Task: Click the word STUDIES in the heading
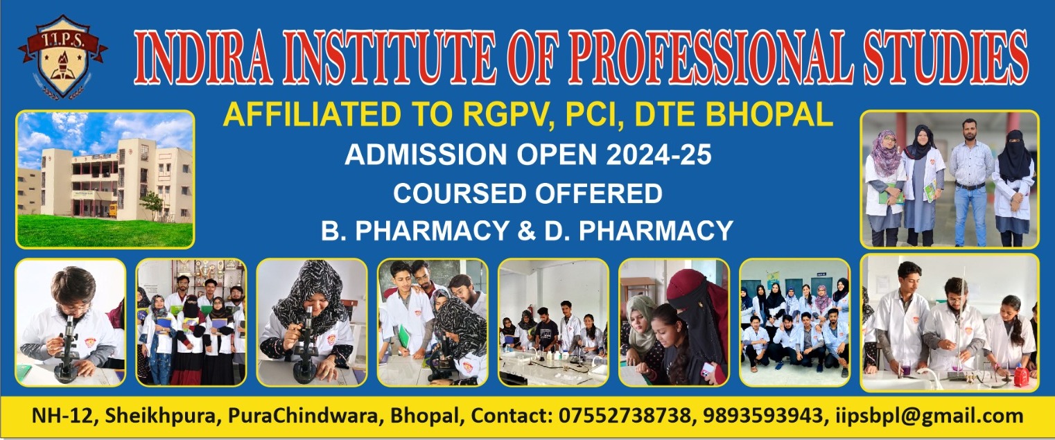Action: [x=945, y=58]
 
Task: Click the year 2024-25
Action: [x=659, y=155]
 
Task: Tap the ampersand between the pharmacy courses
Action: [x=527, y=231]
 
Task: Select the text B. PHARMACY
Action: [x=415, y=231]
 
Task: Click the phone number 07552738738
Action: [x=625, y=416]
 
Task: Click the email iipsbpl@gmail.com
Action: [x=930, y=416]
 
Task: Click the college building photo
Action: [x=105, y=179]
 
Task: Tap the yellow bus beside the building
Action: [x=113, y=210]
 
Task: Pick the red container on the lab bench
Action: [x=1021, y=377]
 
